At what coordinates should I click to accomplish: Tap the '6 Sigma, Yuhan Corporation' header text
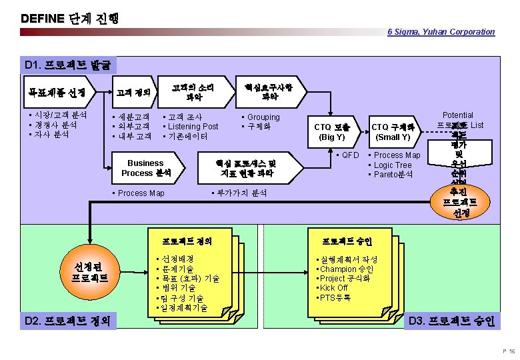(x=441, y=31)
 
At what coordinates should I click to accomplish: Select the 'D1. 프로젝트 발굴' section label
(x=69, y=65)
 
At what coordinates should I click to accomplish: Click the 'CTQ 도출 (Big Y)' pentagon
(x=333, y=132)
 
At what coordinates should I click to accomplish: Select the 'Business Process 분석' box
(x=145, y=168)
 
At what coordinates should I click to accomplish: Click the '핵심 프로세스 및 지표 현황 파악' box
(x=248, y=168)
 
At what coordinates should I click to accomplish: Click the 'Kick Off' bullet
(x=334, y=288)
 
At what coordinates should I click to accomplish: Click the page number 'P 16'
(x=508, y=351)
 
